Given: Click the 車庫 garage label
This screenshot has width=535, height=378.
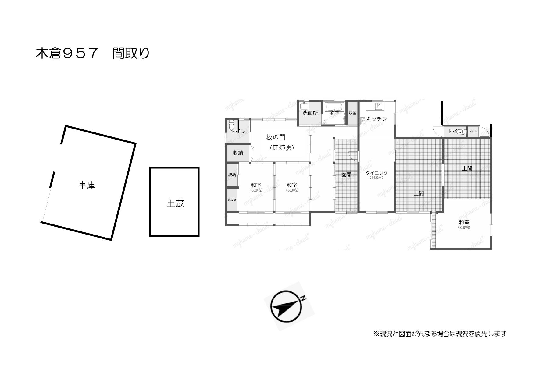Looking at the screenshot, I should (x=87, y=185).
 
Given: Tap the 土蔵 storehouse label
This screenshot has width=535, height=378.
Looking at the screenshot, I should (x=175, y=203).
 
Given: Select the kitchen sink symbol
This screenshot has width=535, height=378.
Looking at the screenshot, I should (x=378, y=106).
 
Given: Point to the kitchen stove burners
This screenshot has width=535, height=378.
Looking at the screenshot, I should (x=363, y=121).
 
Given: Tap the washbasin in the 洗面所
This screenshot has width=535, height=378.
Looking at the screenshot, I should (x=304, y=106).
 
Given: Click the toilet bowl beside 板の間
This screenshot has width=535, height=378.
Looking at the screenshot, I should (x=231, y=125).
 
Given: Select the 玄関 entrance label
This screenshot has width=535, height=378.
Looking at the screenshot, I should (x=346, y=175).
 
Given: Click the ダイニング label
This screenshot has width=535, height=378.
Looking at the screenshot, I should (x=376, y=173).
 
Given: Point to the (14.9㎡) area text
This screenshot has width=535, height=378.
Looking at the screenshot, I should (x=376, y=178).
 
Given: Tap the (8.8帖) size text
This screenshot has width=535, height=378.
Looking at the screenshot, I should (x=464, y=227).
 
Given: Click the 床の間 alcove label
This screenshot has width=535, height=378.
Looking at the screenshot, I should (x=232, y=200).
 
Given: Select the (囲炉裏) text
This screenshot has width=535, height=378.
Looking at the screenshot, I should (x=282, y=148).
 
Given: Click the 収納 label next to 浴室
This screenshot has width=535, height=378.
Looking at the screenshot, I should (x=352, y=113).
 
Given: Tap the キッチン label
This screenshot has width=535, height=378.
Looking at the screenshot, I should (x=376, y=119).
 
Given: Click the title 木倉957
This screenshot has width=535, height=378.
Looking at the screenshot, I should (x=67, y=53).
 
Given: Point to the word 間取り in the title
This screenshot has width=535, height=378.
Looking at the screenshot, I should (x=131, y=53).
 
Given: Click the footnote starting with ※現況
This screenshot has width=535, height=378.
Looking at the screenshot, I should (x=440, y=334).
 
